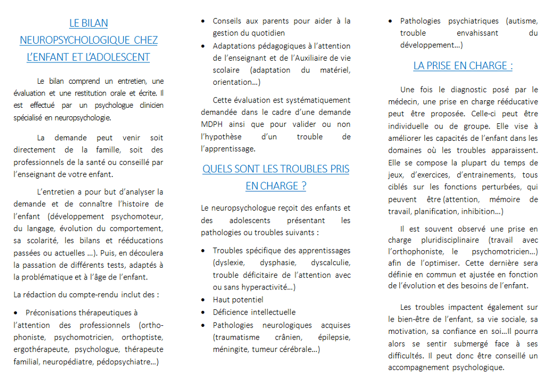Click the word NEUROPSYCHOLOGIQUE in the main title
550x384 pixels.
tap(76, 40)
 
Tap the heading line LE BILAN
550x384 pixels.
tap(88, 23)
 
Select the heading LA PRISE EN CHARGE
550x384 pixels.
tap(463, 66)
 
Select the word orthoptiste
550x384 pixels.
tap(142, 338)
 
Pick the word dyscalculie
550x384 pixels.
tap(330, 262)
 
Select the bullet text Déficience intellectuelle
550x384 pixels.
tap(254, 312)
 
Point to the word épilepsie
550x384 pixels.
tap(334, 338)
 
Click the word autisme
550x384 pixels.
tap(514, 21)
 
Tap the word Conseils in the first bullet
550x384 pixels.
tap(229, 21)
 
